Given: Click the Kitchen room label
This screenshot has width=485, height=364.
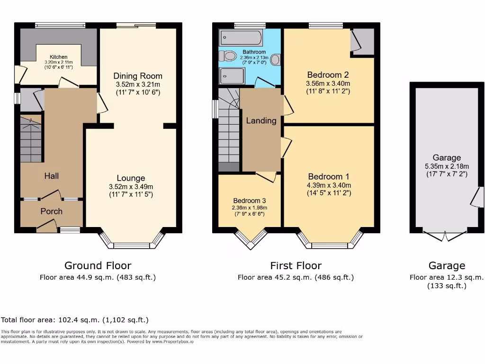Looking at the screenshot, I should [x=56, y=57].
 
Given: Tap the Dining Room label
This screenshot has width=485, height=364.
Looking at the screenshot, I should [x=138, y=76].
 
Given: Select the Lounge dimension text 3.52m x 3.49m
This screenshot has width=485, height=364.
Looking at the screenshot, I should [x=131, y=186].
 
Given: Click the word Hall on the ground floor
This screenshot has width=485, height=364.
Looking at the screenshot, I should [x=52, y=176].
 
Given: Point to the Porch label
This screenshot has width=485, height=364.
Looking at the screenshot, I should [x=51, y=211].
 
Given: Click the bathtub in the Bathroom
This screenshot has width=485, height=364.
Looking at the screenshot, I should [x=241, y=37].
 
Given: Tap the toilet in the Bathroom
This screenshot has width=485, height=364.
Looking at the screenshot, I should [x=229, y=56].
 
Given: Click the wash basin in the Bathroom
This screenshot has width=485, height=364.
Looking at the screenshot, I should [x=276, y=60].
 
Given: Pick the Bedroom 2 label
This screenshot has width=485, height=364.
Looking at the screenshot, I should [x=328, y=75].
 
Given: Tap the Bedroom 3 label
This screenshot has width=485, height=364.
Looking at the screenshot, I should [x=249, y=200].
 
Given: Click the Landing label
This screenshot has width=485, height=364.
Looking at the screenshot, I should [x=261, y=121].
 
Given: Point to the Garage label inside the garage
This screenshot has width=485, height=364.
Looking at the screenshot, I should [x=446, y=158].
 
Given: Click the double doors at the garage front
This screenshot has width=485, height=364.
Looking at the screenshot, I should [x=445, y=236].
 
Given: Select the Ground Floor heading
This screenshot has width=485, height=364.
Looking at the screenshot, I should [x=98, y=266].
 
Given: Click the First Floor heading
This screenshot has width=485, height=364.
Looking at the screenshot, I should [x=296, y=266].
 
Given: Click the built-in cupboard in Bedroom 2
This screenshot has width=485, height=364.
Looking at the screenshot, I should [x=363, y=42].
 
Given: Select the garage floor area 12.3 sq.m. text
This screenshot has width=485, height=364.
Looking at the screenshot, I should [x=447, y=278].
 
